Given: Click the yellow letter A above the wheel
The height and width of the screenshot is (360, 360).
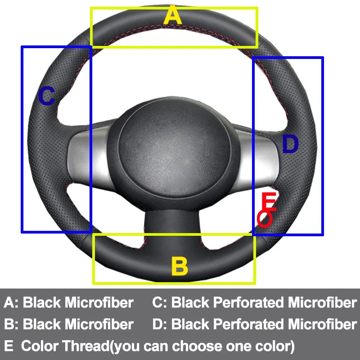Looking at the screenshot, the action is click(x=173, y=16).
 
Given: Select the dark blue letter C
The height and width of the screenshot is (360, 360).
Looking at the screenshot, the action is click(x=46, y=96).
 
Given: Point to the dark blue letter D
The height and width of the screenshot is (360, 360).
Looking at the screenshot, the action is click(x=290, y=144).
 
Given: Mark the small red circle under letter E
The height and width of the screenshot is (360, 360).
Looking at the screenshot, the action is click(x=264, y=219).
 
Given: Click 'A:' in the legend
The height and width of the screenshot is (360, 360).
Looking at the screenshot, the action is click(x=12, y=302).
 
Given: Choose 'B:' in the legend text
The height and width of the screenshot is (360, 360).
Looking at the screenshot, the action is click(x=12, y=324).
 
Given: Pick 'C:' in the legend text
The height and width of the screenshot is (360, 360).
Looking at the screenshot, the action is click(x=160, y=302).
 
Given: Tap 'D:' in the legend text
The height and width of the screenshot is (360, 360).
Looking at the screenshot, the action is click(x=160, y=324).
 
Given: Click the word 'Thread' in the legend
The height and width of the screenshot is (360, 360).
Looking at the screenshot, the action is click(x=85, y=346).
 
